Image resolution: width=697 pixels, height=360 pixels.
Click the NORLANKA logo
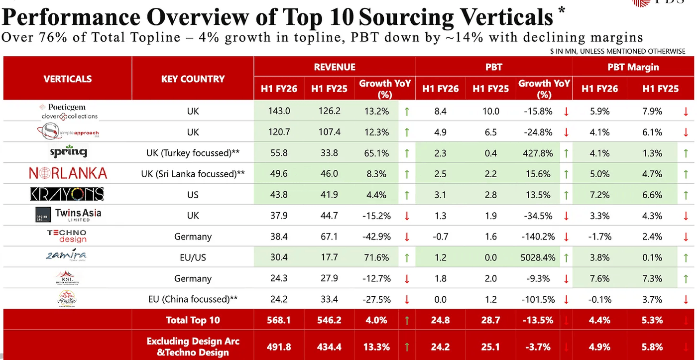click(x=68, y=173)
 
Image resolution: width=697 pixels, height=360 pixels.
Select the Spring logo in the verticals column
click(x=68, y=151)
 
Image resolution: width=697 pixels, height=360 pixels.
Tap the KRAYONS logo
click(x=67, y=194)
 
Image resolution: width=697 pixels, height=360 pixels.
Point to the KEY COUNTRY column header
click(x=193, y=79)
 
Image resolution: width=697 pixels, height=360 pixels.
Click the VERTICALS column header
click(x=68, y=79)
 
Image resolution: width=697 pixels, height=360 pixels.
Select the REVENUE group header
click(x=334, y=67)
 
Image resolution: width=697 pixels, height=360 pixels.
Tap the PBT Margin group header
click(x=633, y=67)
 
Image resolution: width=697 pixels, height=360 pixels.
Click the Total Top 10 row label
click(x=193, y=320)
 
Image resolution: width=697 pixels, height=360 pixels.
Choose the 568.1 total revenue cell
click(x=279, y=320)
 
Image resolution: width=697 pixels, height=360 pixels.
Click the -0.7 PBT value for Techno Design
click(x=440, y=237)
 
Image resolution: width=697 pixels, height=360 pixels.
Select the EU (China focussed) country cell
click(x=193, y=299)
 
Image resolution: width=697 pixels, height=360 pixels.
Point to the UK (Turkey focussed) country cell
click(x=193, y=153)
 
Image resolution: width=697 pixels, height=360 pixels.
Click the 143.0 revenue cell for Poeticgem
click(x=279, y=111)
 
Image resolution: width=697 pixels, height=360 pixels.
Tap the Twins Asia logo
click(x=68, y=215)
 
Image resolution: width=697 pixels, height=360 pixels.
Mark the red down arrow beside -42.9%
click(x=407, y=237)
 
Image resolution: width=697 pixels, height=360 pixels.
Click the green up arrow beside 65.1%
click(x=407, y=153)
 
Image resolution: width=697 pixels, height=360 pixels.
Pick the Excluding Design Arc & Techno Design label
click(x=193, y=346)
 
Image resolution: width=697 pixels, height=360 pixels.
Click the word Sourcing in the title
click(x=405, y=18)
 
